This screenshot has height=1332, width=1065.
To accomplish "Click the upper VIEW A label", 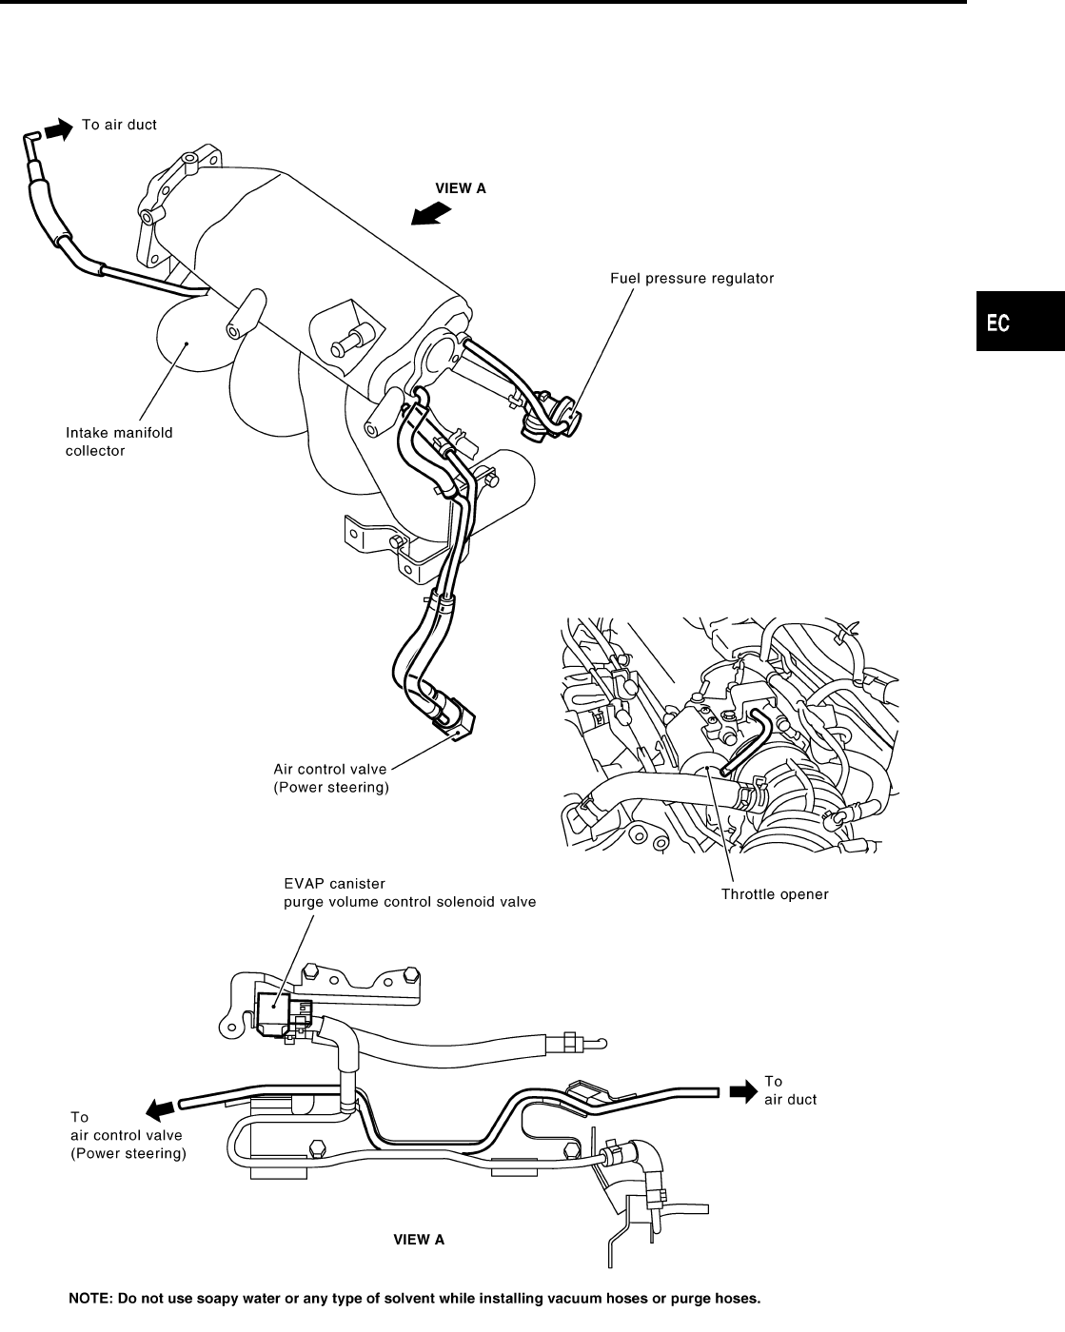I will tap(461, 188).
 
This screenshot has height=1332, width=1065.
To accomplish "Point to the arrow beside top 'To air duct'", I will tap(59, 127).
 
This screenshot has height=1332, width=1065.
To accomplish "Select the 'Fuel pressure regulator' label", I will tap(691, 279).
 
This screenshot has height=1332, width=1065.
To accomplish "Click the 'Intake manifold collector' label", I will tap(119, 441).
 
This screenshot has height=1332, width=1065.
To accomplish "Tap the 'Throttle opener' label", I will tap(775, 894).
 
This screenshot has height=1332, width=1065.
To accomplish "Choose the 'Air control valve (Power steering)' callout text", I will tap(331, 778).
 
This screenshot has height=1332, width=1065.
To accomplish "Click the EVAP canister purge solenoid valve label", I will tap(409, 892).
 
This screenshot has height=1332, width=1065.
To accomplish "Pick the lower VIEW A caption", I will tap(419, 1240).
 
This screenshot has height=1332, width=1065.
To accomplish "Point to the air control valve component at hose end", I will tap(453, 718).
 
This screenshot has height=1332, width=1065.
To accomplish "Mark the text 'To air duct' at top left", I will tap(119, 125).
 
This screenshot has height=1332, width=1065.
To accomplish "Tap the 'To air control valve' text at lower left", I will tap(128, 1135).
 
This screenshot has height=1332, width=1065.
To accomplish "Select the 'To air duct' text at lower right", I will tap(790, 1090).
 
